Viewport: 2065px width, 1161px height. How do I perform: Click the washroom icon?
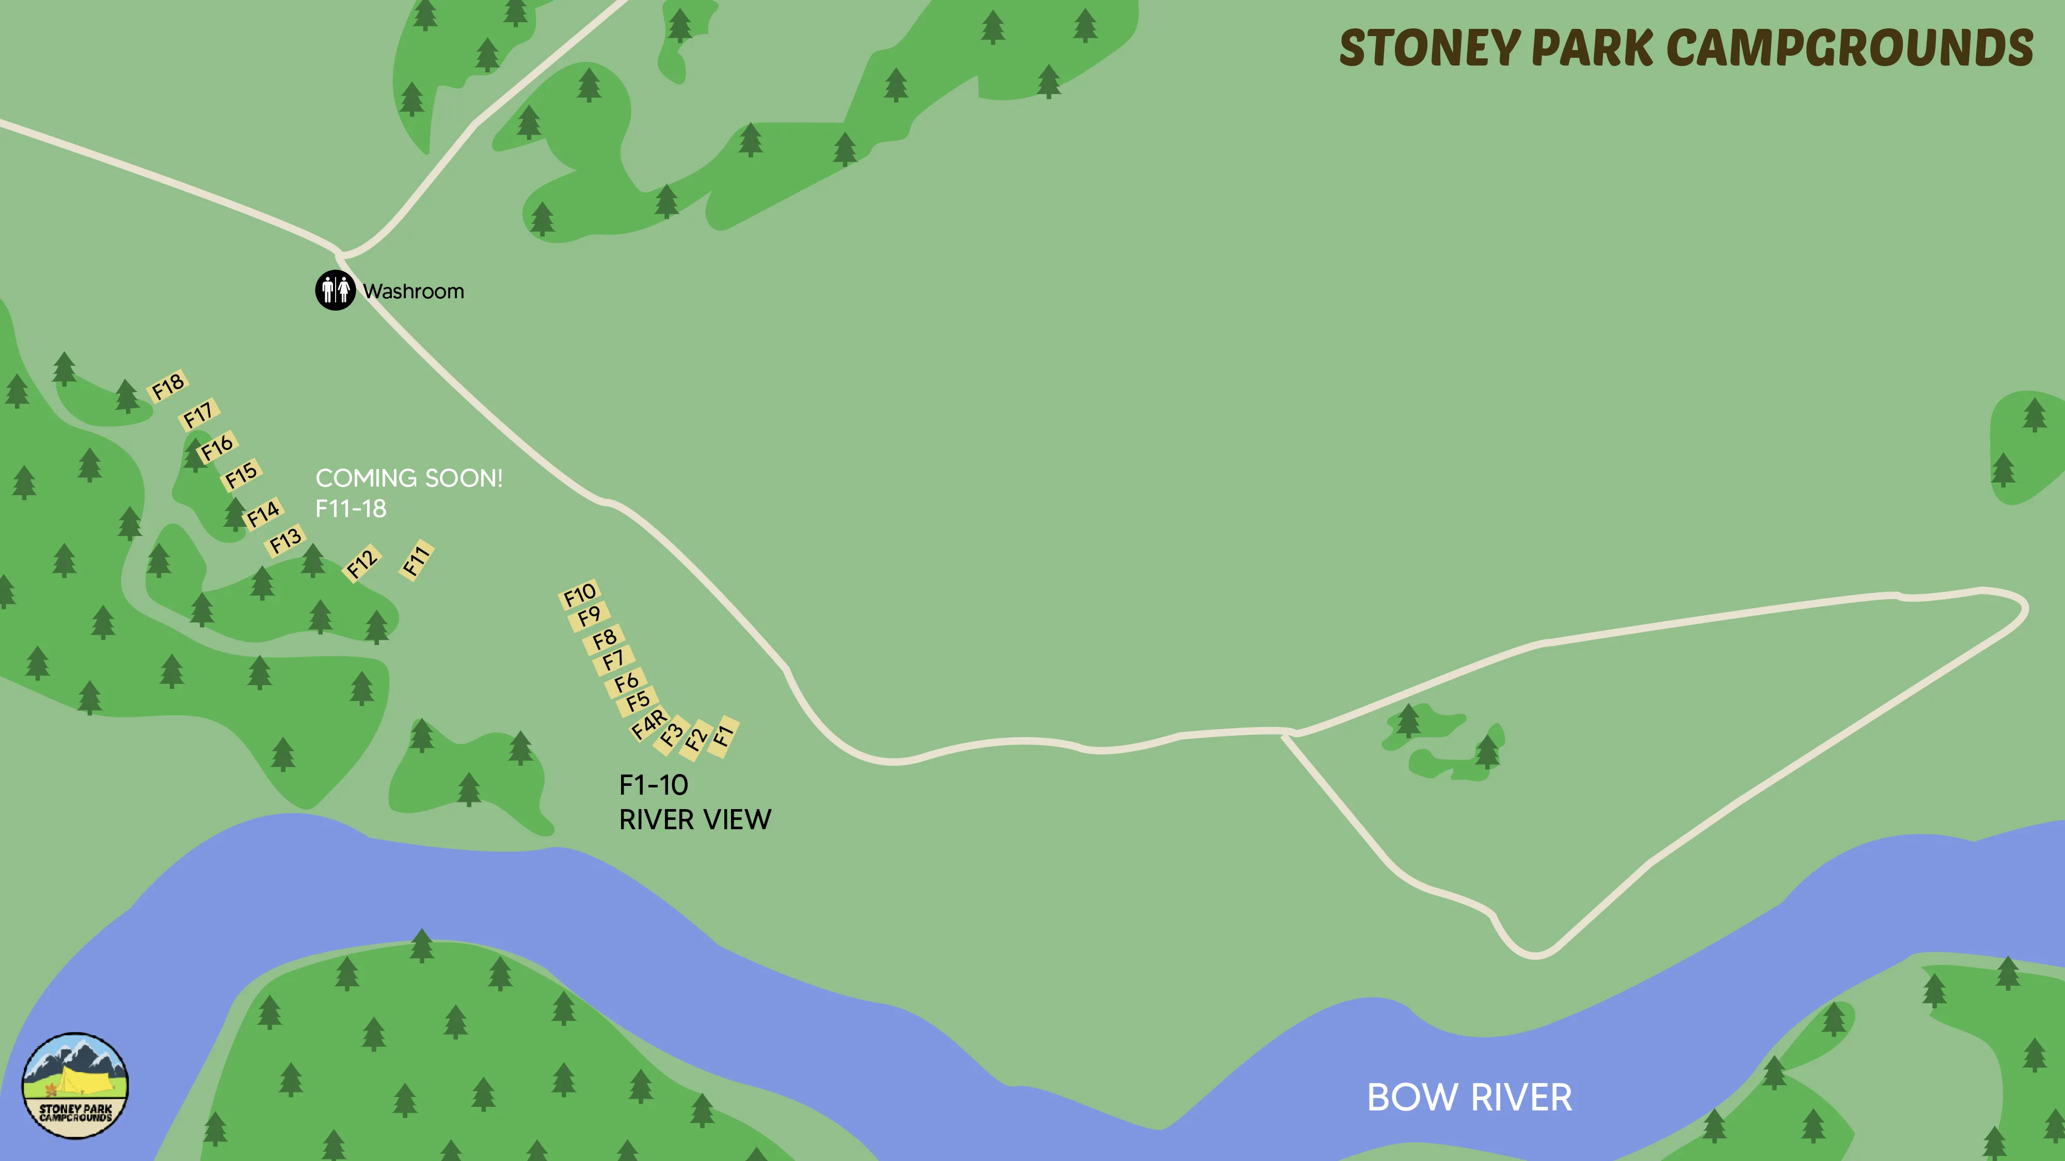pyautogui.click(x=335, y=290)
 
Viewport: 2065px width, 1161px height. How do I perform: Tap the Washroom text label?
pyautogui.click(x=413, y=291)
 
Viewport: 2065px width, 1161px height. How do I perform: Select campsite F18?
pyautogui.click(x=168, y=386)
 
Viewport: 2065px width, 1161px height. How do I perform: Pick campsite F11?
pyautogui.click(x=416, y=560)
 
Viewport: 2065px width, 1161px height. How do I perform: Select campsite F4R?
pyautogui.click(x=648, y=723)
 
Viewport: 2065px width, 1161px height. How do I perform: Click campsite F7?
pyautogui.click(x=613, y=660)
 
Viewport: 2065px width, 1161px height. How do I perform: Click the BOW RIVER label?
pyautogui.click(x=1469, y=1097)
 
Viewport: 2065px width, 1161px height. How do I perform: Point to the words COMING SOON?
pyautogui.click(x=409, y=478)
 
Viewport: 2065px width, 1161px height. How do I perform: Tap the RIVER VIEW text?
pyautogui.click(x=695, y=820)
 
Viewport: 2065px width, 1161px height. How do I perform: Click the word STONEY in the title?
pyautogui.click(x=1429, y=48)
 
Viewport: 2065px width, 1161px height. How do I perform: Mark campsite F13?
pyautogui.click(x=285, y=541)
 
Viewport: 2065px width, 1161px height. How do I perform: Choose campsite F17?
pyautogui.click(x=198, y=415)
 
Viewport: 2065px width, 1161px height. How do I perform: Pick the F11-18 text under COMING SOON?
pyautogui.click(x=351, y=509)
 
